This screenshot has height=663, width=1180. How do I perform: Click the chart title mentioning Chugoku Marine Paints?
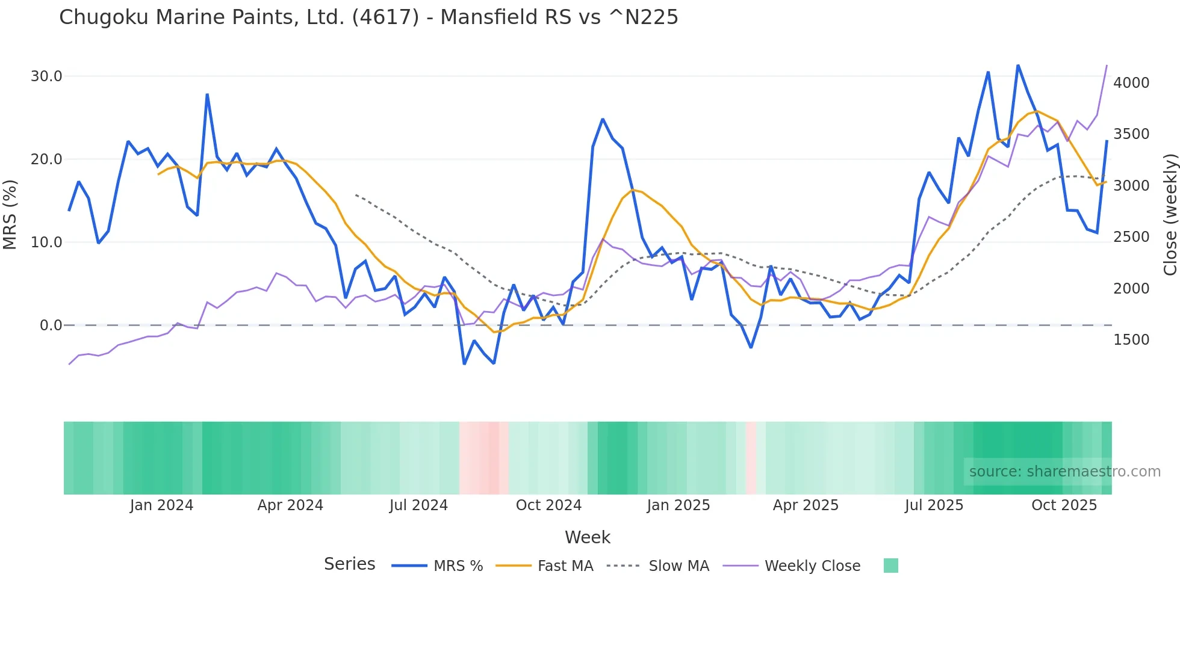[x=368, y=17]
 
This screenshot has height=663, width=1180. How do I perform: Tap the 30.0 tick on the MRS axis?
[x=46, y=76]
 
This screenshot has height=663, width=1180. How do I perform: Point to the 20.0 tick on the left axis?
[x=46, y=159]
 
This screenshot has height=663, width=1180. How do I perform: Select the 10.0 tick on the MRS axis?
[x=46, y=242]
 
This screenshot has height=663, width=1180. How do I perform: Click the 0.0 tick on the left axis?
[x=51, y=325]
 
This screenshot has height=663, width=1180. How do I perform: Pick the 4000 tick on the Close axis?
[x=1131, y=83]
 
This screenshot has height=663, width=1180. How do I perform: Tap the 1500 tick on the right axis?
[x=1131, y=340]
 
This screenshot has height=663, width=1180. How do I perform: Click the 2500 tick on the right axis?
[x=1131, y=237]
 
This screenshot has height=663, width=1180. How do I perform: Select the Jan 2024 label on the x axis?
[x=161, y=505]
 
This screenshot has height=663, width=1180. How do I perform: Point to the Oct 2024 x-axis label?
[x=548, y=505]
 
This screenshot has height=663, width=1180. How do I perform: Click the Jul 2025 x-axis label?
[x=934, y=505]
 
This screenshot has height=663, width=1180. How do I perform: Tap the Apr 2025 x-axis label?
[x=806, y=505]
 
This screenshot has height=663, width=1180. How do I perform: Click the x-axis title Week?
[x=588, y=537]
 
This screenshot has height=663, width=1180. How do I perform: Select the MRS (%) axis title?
[x=10, y=214]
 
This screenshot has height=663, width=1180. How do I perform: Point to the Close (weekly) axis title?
[x=1170, y=214]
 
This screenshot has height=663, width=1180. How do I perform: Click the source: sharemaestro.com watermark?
[x=1064, y=472]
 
